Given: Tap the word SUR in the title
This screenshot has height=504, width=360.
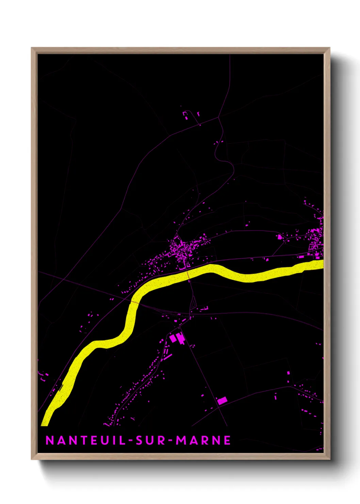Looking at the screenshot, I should [x=150, y=440].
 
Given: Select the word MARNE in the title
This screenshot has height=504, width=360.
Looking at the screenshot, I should [x=203, y=440].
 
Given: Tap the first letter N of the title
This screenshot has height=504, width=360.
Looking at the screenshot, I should [x=50, y=440].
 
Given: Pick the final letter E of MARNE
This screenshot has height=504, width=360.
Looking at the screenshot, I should [x=227, y=440].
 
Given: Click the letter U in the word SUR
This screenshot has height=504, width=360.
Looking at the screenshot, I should [x=150, y=440].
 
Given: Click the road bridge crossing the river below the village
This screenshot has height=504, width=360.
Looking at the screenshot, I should [x=188, y=275].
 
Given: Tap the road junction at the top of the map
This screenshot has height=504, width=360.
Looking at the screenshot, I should [x=218, y=117].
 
